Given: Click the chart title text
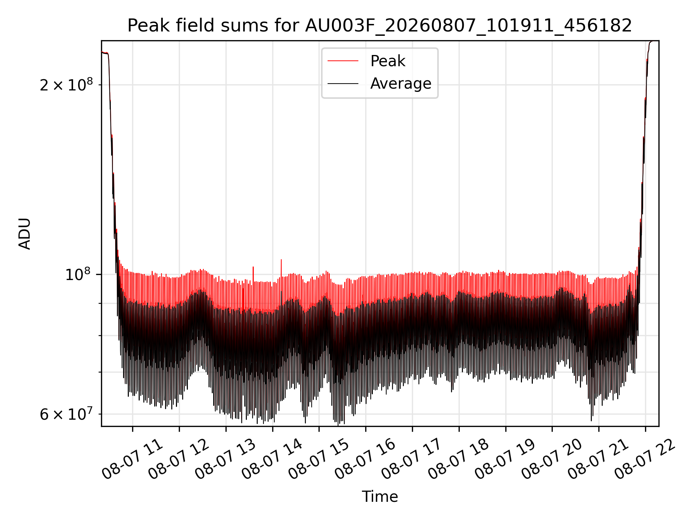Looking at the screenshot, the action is coord(380,26).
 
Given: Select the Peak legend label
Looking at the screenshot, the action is coord(388,61).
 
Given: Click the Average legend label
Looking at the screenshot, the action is coord(401,84).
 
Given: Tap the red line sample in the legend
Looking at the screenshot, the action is coord(343,61).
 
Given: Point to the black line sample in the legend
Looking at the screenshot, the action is coord(343,84).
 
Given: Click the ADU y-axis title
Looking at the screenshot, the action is coord(25,234).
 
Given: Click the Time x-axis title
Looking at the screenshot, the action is coord(380,497).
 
